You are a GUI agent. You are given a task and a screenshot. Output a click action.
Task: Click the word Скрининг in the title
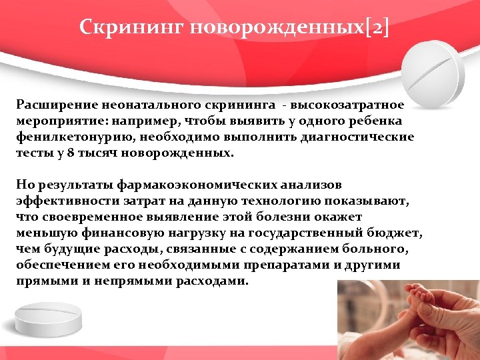(x=132, y=27)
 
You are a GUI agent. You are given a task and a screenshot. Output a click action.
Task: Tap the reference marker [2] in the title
(x=377, y=27)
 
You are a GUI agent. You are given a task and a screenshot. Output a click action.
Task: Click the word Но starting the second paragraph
(x=24, y=183)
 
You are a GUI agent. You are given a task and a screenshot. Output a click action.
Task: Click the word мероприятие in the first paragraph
(x=59, y=121)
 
